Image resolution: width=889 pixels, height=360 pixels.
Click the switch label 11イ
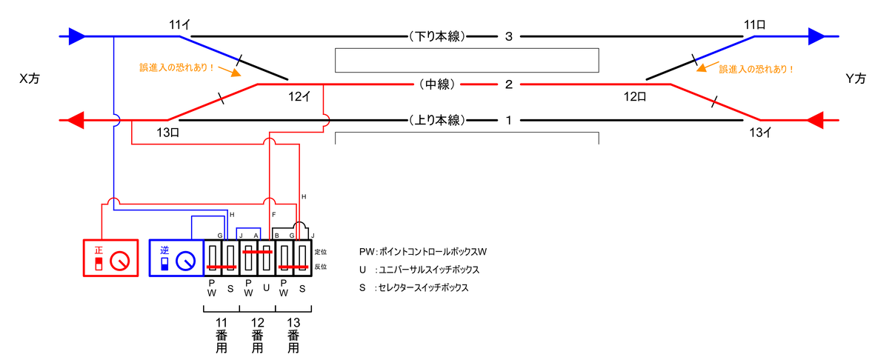[x=180, y=25]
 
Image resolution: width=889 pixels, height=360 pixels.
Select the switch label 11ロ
[x=754, y=25]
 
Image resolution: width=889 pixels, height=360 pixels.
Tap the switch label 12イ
[x=299, y=96]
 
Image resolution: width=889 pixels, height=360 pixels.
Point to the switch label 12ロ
[x=635, y=96]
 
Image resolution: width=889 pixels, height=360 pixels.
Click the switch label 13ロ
[x=168, y=132]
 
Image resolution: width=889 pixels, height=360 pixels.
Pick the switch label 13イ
[x=760, y=132]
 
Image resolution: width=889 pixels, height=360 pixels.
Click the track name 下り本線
[x=437, y=36]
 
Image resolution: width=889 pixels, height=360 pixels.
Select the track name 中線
[x=437, y=84]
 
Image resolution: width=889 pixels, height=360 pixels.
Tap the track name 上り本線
[x=437, y=120]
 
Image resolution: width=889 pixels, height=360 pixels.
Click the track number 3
[x=509, y=36]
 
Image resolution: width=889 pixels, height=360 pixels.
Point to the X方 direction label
[x=30, y=79]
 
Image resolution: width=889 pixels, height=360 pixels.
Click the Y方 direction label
[x=856, y=79]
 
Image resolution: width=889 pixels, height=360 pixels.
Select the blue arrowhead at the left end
[x=77, y=36]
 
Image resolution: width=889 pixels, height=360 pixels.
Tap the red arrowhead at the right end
[x=815, y=120]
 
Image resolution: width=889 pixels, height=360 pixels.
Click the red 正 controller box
[x=110, y=258]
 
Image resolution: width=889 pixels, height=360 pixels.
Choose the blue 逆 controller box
[x=176, y=258]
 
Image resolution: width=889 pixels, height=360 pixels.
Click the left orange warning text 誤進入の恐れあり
[x=176, y=67]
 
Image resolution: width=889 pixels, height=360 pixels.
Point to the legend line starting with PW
[x=423, y=252]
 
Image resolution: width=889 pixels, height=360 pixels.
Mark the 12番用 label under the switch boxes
[x=258, y=336]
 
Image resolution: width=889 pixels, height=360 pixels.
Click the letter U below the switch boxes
[x=266, y=288]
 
